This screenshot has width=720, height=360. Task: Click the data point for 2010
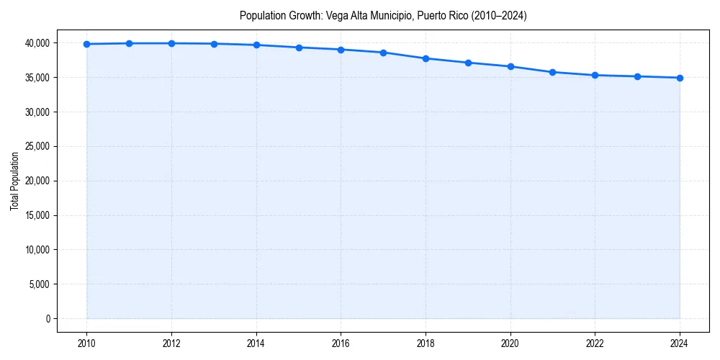(x=86, y=44)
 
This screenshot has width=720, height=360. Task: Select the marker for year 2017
(x=383, y=53)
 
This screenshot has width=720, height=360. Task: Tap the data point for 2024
(x=680, y=78)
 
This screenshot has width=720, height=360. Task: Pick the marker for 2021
(x=552, y=72)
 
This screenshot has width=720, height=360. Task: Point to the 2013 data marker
(x=214, y=44)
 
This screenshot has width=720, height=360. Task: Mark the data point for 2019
(x=468, y=63)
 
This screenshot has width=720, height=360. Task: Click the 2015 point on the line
(x=299, y=48)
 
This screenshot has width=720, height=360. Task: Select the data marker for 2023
(x=637, y=76)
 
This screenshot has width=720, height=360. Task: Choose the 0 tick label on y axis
(x=48, y=319)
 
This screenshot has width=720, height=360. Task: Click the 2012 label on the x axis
(x=171, y=342)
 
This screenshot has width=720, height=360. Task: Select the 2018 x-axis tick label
(x=426, y=342)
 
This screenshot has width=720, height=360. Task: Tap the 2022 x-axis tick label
(x=595, y=342)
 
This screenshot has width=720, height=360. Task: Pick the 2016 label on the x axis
(x=341, y=342)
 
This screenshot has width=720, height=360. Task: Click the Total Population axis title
(x=14, y=181)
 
